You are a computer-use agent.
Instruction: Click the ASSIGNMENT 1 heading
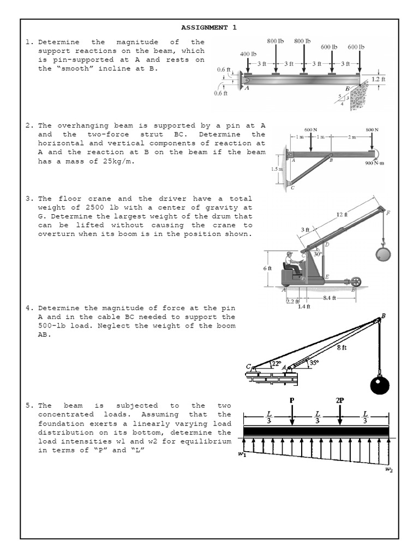209,27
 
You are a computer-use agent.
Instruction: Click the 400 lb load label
248,54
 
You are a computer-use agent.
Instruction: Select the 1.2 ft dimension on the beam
378,79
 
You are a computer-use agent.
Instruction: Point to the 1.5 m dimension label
277,169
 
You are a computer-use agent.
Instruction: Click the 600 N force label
310,129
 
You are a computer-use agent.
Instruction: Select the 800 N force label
372,129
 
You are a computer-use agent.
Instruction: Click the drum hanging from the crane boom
384,253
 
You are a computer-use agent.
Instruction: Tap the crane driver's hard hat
289,254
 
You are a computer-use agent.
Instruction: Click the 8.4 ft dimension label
331,298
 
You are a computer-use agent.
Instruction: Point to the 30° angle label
318,253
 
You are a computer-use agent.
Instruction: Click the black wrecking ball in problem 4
380,386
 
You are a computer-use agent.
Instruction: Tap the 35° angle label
314,362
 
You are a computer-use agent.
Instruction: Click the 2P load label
340,400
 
